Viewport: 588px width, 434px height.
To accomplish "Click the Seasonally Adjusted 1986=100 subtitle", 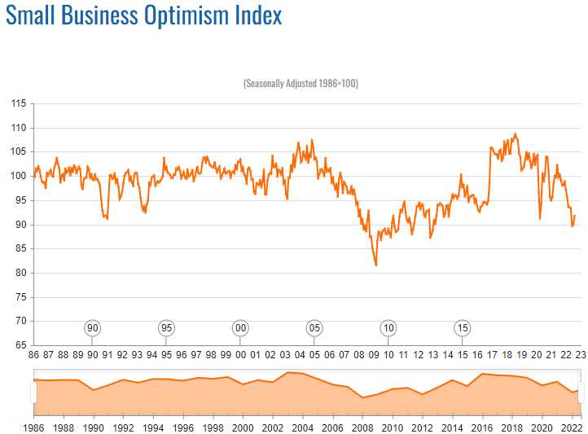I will (301, 84).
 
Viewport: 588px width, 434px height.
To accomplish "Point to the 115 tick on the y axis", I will (19, 103).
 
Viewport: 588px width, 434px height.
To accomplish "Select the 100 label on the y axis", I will (19, 176).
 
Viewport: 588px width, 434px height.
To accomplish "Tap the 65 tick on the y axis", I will (19, 345).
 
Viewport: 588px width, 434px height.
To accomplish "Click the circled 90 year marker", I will (93, 327).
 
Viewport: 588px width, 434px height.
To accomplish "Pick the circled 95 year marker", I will (166, 327).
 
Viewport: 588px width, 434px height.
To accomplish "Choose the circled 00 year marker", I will (240, 327).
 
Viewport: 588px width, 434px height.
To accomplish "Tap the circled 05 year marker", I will (314, 327).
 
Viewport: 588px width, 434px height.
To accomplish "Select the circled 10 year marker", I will (388, 327).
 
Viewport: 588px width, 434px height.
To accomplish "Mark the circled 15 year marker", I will (462, 327).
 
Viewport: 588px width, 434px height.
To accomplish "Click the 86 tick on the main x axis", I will (33, 355).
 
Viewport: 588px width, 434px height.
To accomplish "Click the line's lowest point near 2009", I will (375, 265).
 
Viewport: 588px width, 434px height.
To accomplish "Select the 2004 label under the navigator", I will (303, 427).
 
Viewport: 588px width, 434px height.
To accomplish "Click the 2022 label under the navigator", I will (571, 427).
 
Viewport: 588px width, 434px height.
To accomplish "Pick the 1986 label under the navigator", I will (34, 427).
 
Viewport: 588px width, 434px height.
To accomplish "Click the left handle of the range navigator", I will (33, 392).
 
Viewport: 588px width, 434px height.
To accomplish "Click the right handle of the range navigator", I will (581, 392).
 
